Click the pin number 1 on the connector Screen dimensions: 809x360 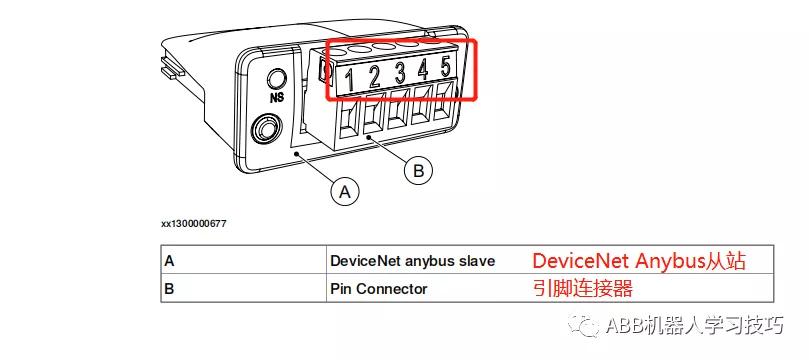click(x=350, y=76)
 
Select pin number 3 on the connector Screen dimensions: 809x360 click(x=400, y=73)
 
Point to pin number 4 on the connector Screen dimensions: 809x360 click(x=423, y=71)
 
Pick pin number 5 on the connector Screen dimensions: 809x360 click(x=446, y=69)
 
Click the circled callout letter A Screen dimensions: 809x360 click(x=346, y=190)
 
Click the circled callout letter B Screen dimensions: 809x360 click(x=418, y=171)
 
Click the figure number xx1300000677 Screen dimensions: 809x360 click(x=193, y=223)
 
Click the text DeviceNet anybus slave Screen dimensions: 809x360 click(x=412, y=260)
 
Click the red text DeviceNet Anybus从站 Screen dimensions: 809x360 click(x=639, y=260)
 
